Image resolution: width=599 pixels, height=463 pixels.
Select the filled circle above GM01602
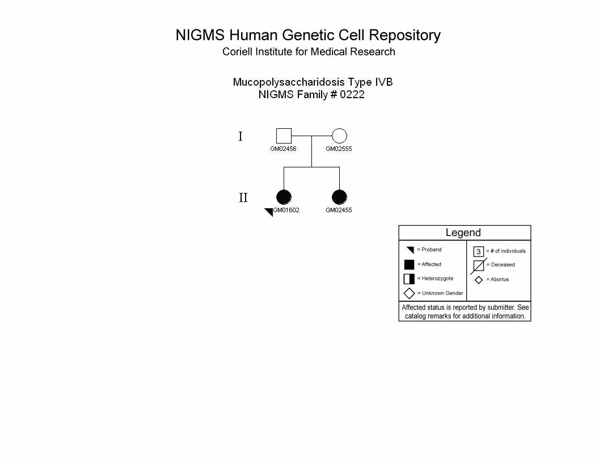[x=284, y=197]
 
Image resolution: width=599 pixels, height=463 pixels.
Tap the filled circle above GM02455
[x=339, y=197]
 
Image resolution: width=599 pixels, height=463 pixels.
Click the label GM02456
[x=283, y=149]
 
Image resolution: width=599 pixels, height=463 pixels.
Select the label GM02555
[x=339, y=149]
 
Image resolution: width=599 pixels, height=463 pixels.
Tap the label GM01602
[x=286, y=210]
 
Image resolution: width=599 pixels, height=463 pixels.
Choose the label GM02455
[x=339, y=210]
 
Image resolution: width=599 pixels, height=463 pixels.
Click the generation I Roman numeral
[x=241, y=136]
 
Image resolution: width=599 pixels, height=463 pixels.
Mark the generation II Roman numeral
[x=243, y=197]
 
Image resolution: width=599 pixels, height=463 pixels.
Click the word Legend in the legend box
[x=463, y=233]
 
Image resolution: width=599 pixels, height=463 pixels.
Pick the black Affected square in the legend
[x=409, y=264]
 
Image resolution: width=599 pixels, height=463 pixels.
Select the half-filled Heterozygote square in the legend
[x=409, y=279]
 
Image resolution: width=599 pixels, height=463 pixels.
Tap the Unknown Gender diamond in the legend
[x=409, y=293]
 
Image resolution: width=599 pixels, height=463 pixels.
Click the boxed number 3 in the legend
[x=479, y=251]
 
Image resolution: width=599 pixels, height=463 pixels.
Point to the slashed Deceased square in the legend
[x=479, y=266]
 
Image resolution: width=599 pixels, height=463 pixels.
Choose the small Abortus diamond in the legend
[x=479, y=280]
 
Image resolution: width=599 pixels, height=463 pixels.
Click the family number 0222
[x=352, y=95]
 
